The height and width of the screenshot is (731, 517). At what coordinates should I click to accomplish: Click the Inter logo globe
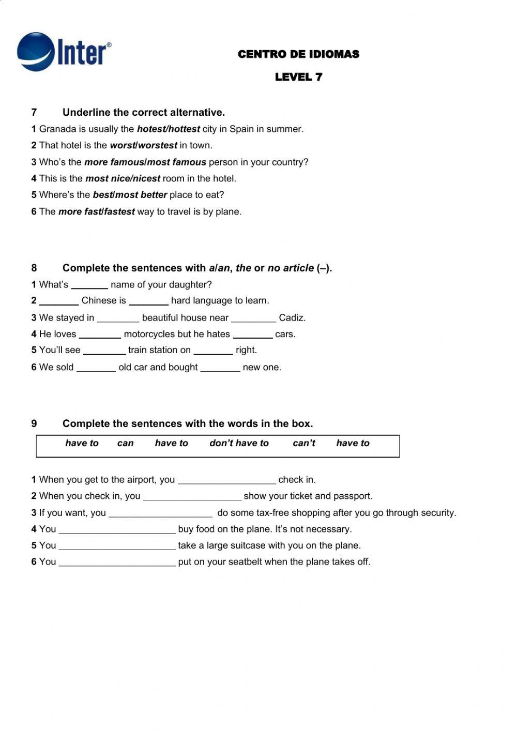click(x=35, y=51)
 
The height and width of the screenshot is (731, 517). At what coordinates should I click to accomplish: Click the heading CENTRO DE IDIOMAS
click(x=298, y=54)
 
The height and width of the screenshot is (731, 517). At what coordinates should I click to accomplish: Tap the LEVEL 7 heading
click(x=298, y=77)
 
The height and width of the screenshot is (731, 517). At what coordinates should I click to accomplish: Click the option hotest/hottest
click(x=168, y=129)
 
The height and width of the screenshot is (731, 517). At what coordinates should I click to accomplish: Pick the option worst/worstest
click(x=143, y=146)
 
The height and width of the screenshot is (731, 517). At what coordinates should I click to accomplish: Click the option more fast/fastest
click(x=96, y=212)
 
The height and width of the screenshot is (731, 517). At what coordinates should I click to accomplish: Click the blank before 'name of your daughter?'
click(x=89, y=285)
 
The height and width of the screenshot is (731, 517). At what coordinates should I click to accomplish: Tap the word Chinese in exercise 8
click(x=103, y=301)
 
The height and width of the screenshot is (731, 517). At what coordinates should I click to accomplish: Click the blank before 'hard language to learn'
click(x=148, y=301)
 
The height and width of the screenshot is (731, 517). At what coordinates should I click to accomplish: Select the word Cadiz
click(x=292, y=318)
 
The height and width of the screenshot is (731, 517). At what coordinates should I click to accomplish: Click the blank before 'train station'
click(x=104, y=351)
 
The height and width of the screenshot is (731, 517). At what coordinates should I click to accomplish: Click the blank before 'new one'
click(x=220, y=368)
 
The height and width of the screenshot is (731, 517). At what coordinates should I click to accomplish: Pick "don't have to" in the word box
click(x=239, y=444)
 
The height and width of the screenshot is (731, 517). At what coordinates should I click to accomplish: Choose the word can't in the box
click(x=303, y=444)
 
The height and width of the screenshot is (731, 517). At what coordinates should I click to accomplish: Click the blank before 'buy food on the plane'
click(x=117, y=530)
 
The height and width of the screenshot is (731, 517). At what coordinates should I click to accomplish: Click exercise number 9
click(x=34, y=424)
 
